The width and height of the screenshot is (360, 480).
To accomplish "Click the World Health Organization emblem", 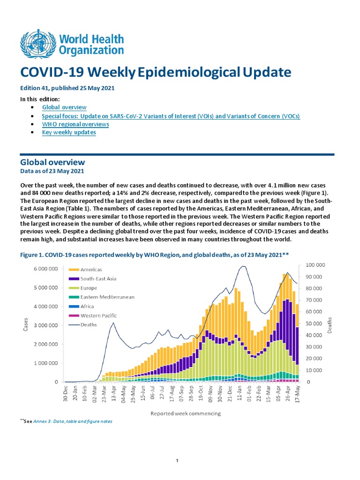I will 37,44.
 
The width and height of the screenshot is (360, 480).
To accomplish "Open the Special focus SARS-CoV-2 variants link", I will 171,116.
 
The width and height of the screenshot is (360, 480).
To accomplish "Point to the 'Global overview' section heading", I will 52,162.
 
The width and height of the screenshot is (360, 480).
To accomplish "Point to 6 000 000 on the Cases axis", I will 45,269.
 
